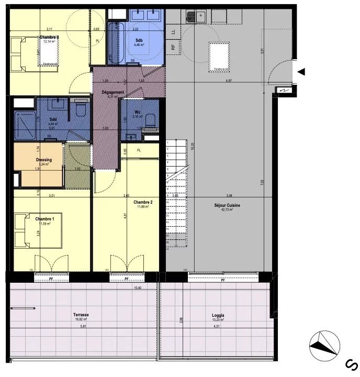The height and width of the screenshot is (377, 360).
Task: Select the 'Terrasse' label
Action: [x=81, y=315]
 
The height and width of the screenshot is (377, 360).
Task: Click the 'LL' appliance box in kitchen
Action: [x=173, y=32]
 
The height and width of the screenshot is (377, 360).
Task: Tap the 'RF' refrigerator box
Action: [x=173, y=47]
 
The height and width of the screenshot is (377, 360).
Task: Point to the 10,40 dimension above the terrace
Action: [x=138, y=288]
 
